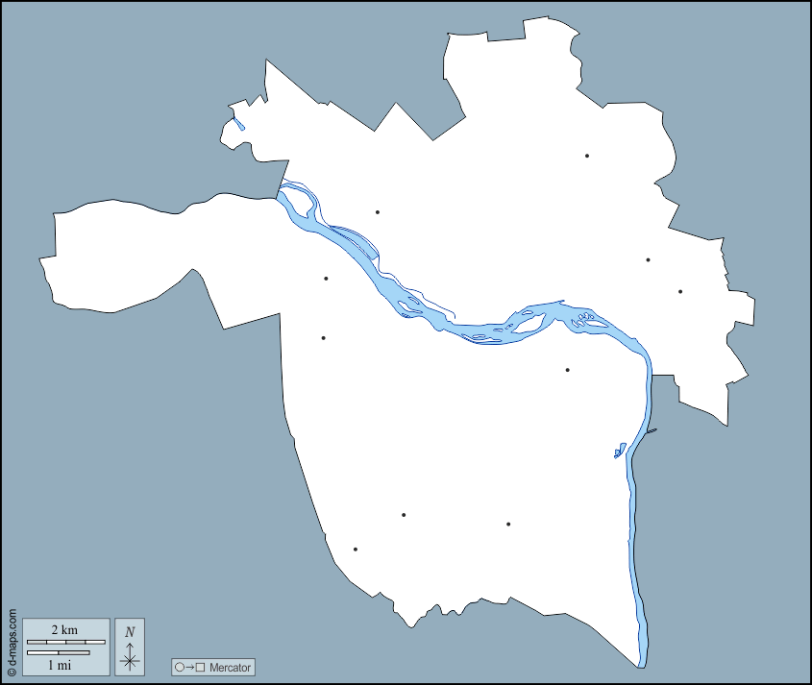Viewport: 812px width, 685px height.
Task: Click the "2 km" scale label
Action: click(x=64, y=629)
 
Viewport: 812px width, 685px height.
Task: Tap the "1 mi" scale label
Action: click(x=59, y=665)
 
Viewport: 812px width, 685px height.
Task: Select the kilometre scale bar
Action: click(x=65, y=641)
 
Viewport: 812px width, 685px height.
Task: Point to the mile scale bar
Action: click(x=58, y=653)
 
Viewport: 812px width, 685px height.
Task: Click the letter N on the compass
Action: click(x=130, y=631)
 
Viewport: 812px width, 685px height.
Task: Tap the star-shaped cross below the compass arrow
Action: click(x=130, y=660)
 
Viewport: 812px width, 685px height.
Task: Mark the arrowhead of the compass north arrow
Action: click(x=130, y=644)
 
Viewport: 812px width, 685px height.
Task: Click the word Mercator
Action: click(x=230, y=667)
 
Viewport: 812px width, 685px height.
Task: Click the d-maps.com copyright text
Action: click(x=12, y=643)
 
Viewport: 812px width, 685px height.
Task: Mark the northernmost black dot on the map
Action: click(x=586, y=156)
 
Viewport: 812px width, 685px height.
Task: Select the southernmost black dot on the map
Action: click(x=356, y=550)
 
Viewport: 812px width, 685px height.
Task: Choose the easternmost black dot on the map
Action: click(x=680, y=291)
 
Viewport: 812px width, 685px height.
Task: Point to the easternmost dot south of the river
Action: click(x=568, y=370)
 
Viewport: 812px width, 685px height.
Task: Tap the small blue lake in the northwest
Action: click(x=238, y=124)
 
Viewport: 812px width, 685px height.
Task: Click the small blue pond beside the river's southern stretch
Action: click(x=620, y=449)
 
